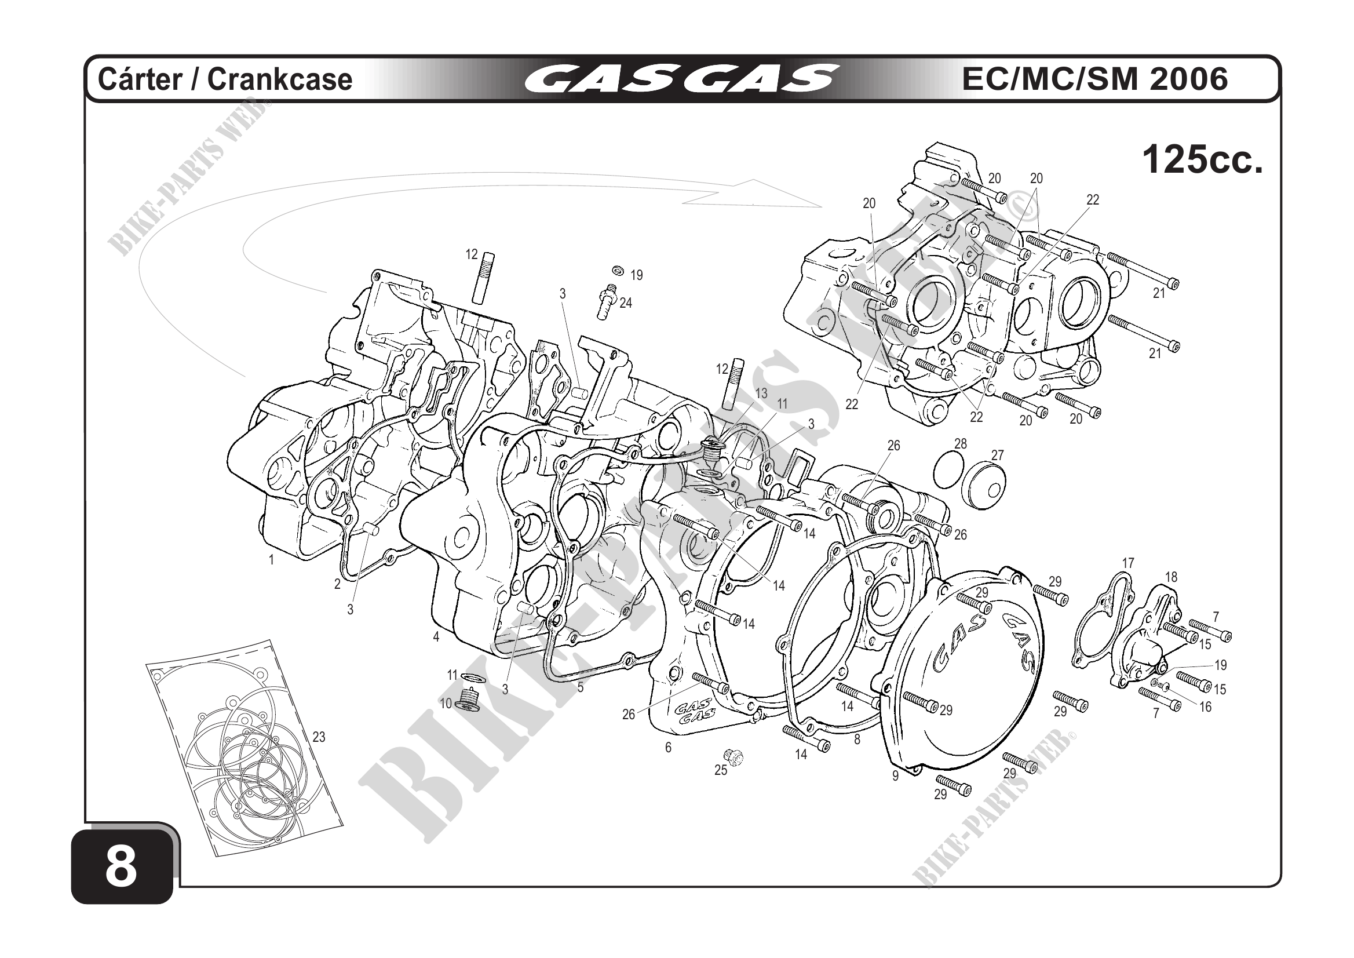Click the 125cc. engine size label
pos(1203,159)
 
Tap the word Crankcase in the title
pos(279,79)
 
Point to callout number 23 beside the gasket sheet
pos(319,737)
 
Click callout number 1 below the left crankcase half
pos(271,560)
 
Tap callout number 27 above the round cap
pos(997,455)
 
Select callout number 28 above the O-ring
pos(961,443)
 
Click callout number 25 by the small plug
pos(721,770)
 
